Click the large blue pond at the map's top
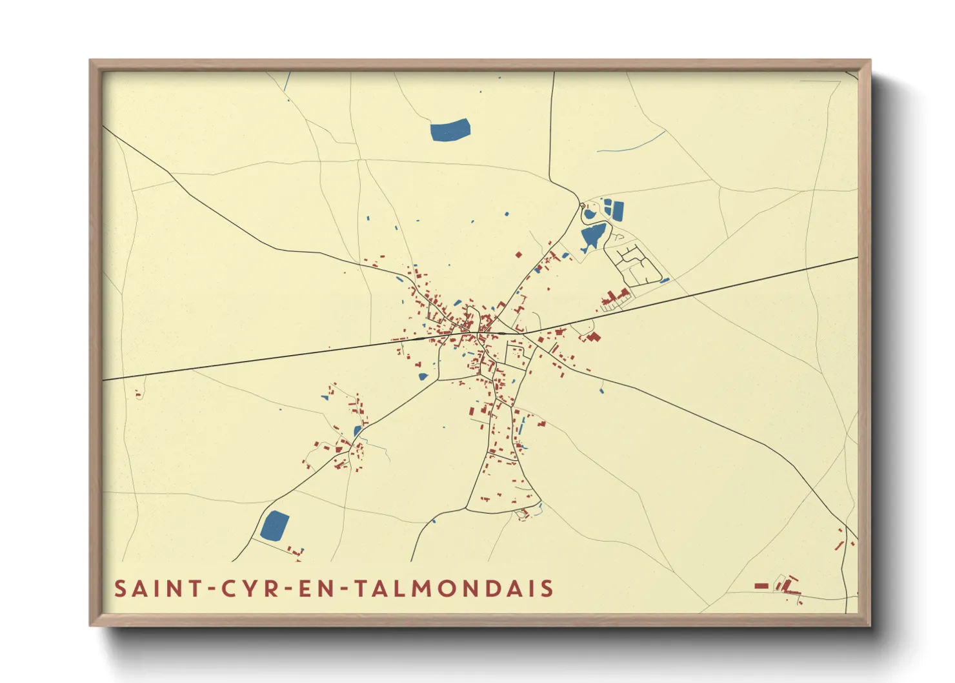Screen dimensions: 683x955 pos(450,130)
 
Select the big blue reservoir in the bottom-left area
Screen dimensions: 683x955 pos(275,526)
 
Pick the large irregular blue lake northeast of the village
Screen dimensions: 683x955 pos(592,236)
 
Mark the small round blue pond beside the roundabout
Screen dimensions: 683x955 pos(589,214)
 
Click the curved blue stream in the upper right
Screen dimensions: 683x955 pos(632,146)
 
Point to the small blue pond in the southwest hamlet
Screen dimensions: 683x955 pos(357,431)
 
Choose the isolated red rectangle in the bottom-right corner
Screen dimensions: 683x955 pos(761,586)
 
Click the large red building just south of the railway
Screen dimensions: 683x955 pos(593,336)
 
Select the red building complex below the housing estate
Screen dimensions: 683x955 pos(616,298)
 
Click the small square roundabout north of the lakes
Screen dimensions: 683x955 pos(584,205)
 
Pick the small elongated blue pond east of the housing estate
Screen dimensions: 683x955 pos(664,280)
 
